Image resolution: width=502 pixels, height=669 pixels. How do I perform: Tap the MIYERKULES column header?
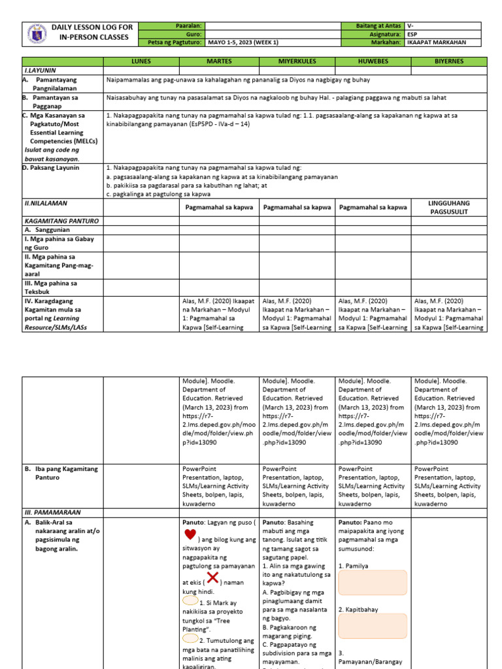tap(297, 61)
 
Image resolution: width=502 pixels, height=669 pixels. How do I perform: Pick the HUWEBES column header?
tap(373, 61)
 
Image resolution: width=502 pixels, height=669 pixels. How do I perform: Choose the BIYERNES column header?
tap(449, 61)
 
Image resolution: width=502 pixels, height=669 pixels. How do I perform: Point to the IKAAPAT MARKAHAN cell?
tap(434, 42)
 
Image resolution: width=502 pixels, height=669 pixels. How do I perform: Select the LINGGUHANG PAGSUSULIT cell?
tap(449, 207)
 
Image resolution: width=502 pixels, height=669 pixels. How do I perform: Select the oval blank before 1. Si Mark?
tap(192, 599)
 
